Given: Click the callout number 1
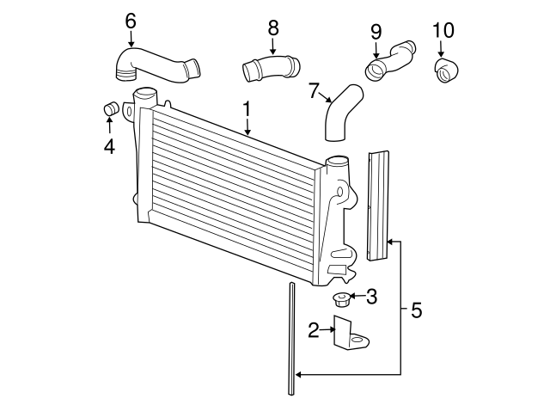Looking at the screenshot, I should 247,109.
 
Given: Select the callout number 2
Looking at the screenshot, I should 315,328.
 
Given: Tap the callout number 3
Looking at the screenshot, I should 371,297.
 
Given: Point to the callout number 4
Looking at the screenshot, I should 109,147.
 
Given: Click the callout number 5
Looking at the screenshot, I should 416,310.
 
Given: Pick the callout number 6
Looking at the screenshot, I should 131,20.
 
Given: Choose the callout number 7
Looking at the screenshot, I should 314,89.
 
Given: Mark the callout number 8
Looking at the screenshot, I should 273,28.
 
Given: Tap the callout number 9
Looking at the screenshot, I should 376,31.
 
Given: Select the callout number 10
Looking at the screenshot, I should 443,31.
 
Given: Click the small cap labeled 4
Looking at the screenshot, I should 109,109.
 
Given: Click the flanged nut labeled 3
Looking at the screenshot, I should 341,300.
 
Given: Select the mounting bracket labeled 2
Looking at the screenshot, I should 347,334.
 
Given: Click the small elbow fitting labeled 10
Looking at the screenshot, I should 447,71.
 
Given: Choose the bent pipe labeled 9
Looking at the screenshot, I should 392,59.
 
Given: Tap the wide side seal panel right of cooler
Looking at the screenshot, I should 377,206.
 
